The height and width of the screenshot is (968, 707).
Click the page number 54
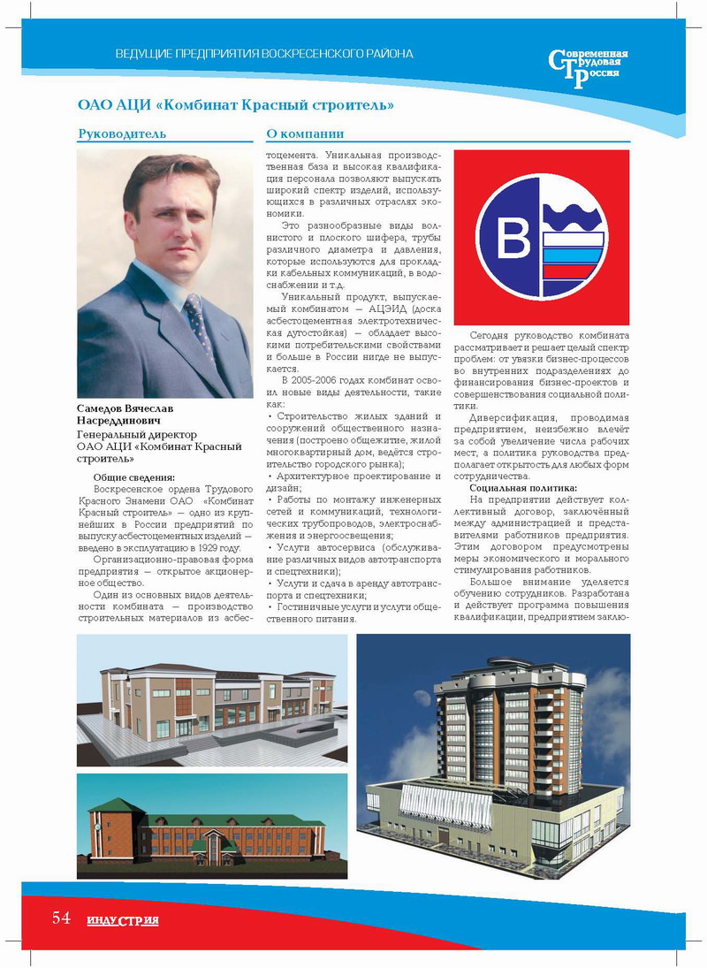tap(60, 918)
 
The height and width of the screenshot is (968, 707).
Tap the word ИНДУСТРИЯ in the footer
tap(122, 921)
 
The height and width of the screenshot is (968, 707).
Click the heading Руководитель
tap(122, 133)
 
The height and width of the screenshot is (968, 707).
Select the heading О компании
tap(305, 133)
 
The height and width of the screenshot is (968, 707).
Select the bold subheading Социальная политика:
tap(524, 488)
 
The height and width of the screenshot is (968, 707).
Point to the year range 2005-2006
tap(319, 379)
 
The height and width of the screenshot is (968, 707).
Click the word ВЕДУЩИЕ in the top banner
tap(143, 55)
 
